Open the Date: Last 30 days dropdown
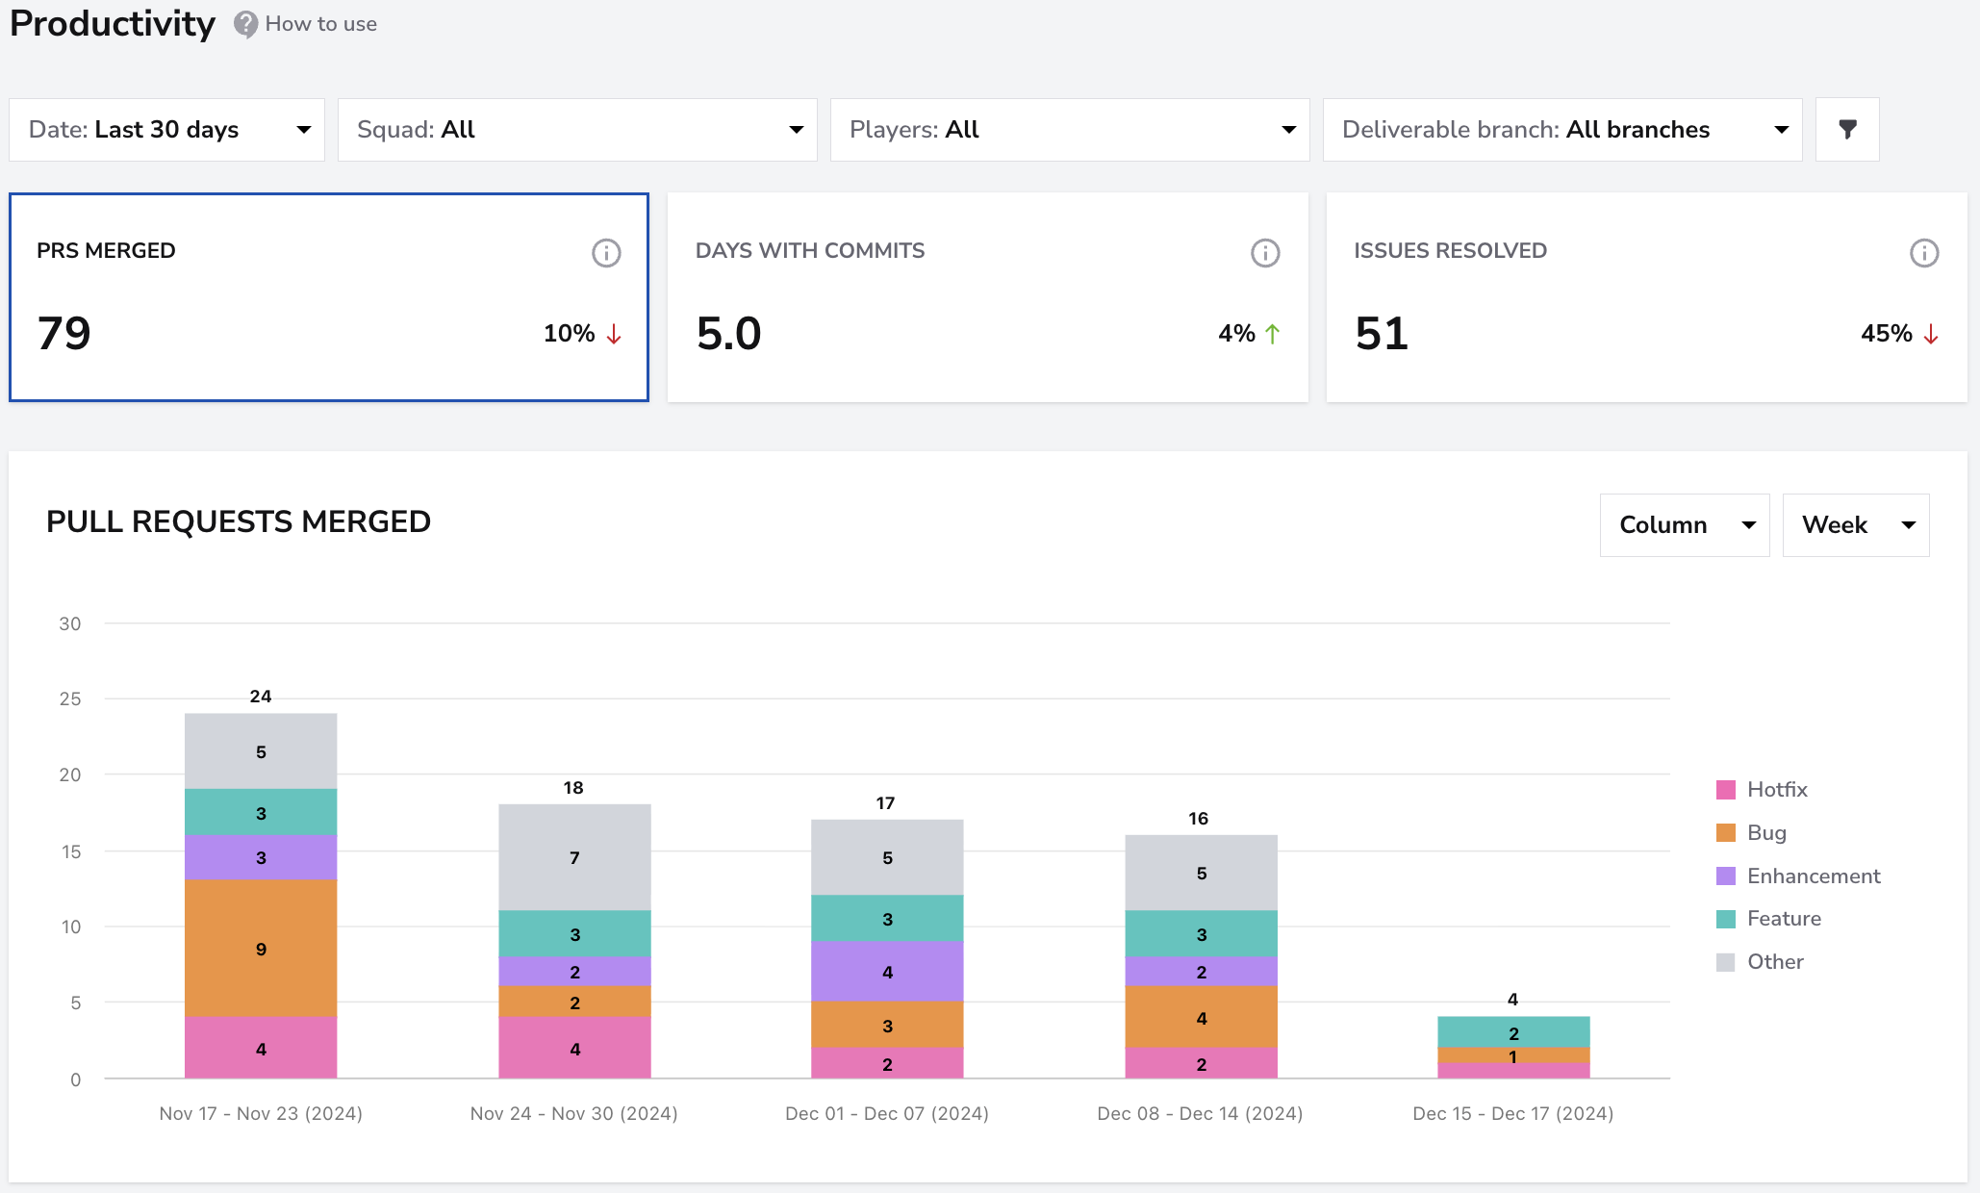click(x=166, y=130)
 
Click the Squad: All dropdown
click(x=577, y=130)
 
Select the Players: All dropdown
click(x=1070, y=130)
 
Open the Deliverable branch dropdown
click(x=1562, y=130)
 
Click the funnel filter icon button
click(x=1847, y=130)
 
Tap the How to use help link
click(x=306, y=24)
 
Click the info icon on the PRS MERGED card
click(x=606, y=253)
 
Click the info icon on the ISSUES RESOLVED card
click(x=1924, y=253)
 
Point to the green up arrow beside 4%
click(x=1273, y=334)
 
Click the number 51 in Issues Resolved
click(x=1382, y=334)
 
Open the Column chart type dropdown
click(x=1685, y=525)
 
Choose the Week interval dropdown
click(x=1856, y=525)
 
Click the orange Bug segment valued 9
click(x=261, y=949)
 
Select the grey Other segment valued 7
click(x=574, y=857)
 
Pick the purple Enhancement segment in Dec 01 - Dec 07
click(x=887, y=972)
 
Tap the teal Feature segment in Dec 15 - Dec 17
click(x=1513, y=1032)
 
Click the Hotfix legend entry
click(x=1762, y=790)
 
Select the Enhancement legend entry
click(x=1798, y=876)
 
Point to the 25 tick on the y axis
click(x=70, y=699)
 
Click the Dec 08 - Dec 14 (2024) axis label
click(x=1200, y=1114)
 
